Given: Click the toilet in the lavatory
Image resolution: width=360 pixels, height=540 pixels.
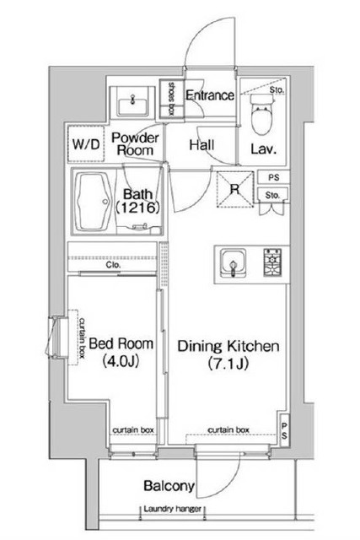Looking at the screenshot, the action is pyautogui.click(x=262, y=115).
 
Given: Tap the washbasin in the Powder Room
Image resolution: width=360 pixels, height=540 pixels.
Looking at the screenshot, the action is pyautogui.click(x=132, y=103).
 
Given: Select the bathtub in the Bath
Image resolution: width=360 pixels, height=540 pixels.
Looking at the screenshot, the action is pyautogui.click(x=94, y=202).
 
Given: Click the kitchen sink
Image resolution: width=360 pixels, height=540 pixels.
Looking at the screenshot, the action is pyautogui.click(x=233, y=263).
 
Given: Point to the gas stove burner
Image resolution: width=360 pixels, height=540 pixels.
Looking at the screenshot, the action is pyautogui.click(x=272, y=262).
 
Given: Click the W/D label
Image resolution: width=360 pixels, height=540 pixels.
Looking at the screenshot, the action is pyautogui.click(x=86, y=144).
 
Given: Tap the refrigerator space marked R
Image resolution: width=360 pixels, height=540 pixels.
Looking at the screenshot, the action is pyautogui.click(x=234, y=189).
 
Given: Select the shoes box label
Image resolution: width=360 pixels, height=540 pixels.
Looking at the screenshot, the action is pyautogui.click(x=170, y=98).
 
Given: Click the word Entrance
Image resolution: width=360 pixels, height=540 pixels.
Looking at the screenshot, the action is pyautogui.click(x=210, y=95).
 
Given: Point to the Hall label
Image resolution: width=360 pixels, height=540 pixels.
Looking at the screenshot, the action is pyautogui.click(x=201, y=145).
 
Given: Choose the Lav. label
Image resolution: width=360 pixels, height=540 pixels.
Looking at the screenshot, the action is pyautogui.click(x=263, y=148).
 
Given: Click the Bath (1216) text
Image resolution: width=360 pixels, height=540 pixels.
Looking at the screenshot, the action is pyautogui.click(x=137, y=201).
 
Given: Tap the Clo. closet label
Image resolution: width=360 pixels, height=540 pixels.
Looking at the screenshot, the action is pyautogui.click(x=113, y=265).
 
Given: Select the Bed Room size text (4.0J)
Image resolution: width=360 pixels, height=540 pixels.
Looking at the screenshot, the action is pyautogui.click(x=121, y=361).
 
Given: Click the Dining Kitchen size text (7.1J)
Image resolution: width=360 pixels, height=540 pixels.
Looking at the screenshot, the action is pyautogui.click(x=228, y=364).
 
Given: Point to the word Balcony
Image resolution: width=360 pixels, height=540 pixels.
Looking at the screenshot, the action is pyautogui.click(x=169, y=486).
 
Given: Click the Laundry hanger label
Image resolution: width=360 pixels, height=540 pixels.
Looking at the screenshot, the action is pyautogui.click(x=172, y=509).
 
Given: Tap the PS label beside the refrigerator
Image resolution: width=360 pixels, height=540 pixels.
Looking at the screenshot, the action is pyautogui.click(x=274, y=178).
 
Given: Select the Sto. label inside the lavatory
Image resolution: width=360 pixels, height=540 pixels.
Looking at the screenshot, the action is pyautogui.click(x=277, y=90).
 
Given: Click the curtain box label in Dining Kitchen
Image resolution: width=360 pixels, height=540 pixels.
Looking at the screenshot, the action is pyautogui.click(x=228, y=429).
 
